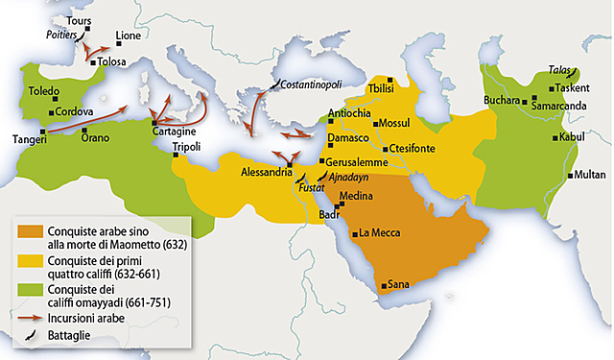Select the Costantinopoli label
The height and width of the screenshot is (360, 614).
tap(308, 85)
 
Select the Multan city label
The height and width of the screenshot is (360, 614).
tap(593, 176)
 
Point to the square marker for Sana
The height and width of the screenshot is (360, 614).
tap(383, 285)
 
